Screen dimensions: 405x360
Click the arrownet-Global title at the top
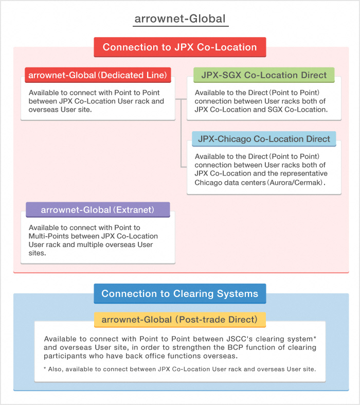[180, 19]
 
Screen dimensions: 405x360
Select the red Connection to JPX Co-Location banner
[179, 47]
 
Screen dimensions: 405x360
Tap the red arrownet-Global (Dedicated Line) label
[98, 75]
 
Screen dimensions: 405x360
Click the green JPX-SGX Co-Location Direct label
[264, 75]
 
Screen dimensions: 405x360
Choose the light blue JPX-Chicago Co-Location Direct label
[264, 139]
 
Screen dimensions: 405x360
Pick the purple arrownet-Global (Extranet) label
[98, 209]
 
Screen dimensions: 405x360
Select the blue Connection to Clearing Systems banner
[179, 294]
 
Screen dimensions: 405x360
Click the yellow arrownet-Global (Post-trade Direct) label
[179, 320]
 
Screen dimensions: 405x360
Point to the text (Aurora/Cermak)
[300, 182]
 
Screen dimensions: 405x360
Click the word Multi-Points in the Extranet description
[50, 236]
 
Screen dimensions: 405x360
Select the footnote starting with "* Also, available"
[179, 369]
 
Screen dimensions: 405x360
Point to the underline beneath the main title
[180, 26]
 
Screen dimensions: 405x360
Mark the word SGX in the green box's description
[276, 110]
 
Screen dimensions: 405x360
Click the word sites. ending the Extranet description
[38, 253]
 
